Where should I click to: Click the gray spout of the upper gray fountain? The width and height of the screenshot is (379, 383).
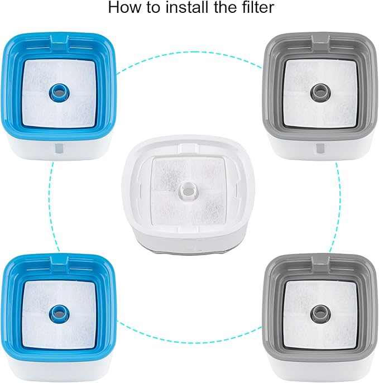click(320, 91)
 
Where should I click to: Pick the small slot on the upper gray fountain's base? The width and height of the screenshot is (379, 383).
click(320, 149)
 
